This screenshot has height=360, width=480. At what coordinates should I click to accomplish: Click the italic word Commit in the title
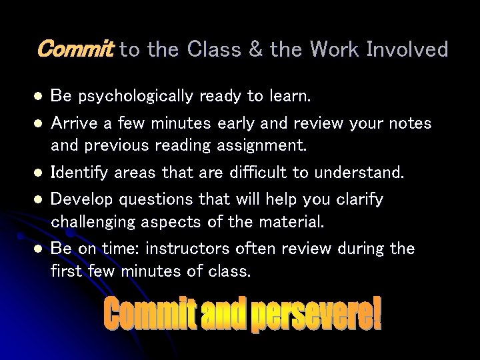77,49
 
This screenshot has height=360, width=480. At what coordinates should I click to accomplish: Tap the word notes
409,124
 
